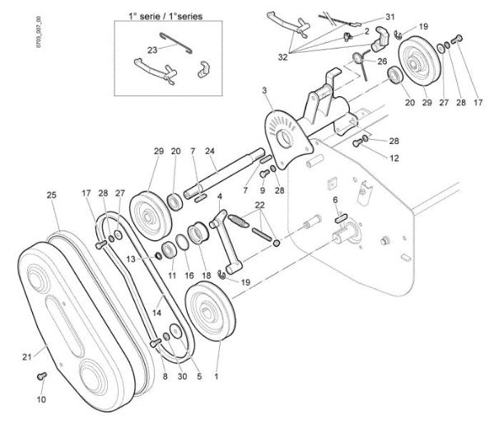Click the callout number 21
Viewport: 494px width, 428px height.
click(26, 356)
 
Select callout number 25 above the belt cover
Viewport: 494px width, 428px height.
click(52, 196)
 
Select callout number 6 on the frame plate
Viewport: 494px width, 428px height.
click(336, 200)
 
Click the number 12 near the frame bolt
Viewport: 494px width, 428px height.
click(372, 158)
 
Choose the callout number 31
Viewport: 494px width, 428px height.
click(390, 17)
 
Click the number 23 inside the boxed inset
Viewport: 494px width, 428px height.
click(151, 49)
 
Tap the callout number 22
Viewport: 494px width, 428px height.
click(260, 205)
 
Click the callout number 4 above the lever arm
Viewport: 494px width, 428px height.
click(219, 197)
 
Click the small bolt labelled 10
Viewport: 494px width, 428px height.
click(44, 377)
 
